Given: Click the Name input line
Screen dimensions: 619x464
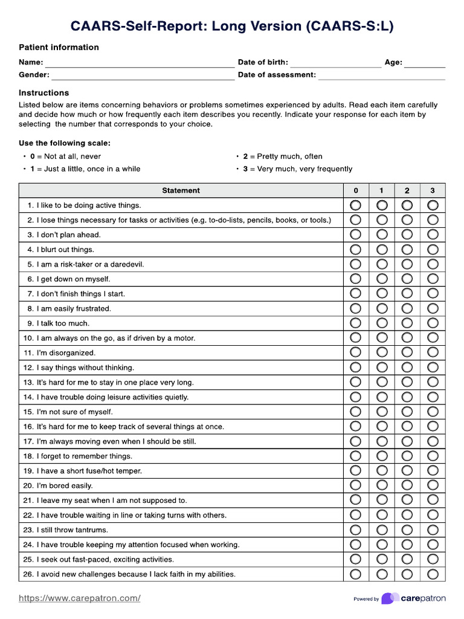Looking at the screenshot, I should [140, 63].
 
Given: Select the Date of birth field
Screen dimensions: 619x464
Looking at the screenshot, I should [336, 63].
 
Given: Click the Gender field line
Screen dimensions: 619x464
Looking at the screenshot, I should [143, 76].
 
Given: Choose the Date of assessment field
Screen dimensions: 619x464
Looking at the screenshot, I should [382, 76].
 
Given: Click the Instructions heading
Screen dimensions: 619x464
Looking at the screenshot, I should [43, 93].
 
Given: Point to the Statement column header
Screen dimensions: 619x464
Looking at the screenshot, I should [181, 190].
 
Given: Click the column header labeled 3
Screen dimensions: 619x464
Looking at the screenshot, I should [433, 190].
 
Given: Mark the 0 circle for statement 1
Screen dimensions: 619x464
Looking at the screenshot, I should [355, 206].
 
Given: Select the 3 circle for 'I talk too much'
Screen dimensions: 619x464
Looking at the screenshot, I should [433, 323].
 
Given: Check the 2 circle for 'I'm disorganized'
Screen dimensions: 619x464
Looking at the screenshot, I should [407, 353].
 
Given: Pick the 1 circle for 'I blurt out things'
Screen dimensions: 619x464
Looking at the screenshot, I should [382, 250].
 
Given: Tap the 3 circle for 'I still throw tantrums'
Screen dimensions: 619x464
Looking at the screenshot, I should [433, 530].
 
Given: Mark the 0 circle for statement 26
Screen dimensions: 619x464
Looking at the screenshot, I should [355, 574].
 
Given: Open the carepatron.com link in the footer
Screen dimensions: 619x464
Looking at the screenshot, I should [80, 598].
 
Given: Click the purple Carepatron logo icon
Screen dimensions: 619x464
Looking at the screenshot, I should [390, 598].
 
